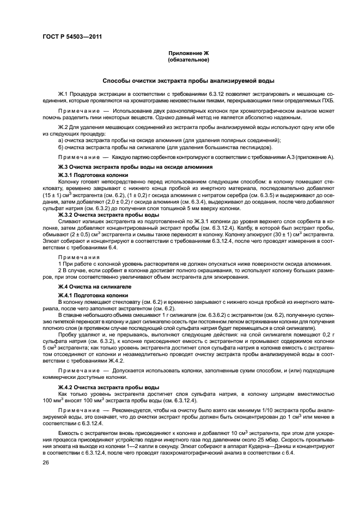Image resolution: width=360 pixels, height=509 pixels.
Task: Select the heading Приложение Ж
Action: point(188,53)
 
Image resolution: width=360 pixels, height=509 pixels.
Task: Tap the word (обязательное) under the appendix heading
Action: point(188,60)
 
